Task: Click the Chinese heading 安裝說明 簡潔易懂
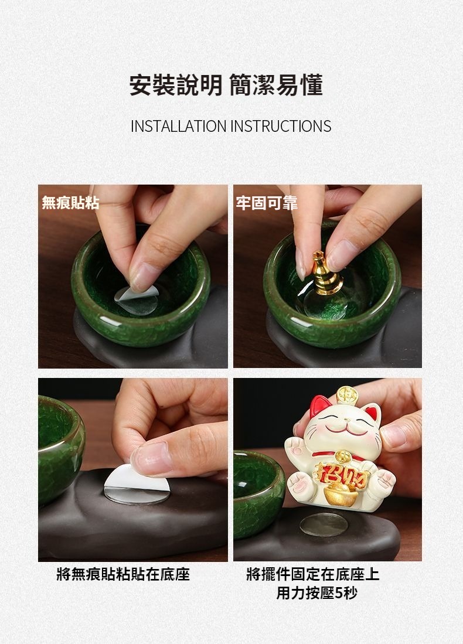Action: [226, 85]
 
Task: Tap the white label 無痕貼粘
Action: [70, 203]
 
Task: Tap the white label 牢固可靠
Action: [266, 203]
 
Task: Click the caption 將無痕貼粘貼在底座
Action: [123, 574]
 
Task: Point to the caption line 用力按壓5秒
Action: [316, 593]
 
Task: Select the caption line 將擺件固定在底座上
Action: [312, 574]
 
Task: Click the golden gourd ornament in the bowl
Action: [326, 272]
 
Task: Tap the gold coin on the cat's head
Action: [348, 395]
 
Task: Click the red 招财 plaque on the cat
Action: [342, 473]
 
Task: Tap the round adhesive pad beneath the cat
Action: [324, 525]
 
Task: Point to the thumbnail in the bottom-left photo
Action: [151, 458]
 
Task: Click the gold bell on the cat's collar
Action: [343, 455]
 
